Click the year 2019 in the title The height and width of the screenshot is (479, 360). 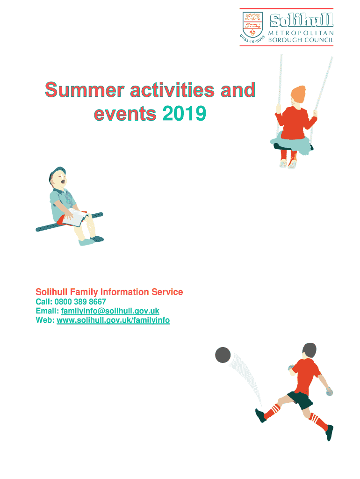pos(184,113)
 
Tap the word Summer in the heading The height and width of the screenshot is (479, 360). pos(85,90)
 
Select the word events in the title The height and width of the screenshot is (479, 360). pos(125,114)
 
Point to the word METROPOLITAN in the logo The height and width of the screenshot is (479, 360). pos(301,33)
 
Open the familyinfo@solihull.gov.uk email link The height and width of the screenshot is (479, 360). pos(110,311)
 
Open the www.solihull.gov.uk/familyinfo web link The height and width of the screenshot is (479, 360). pos(113,320)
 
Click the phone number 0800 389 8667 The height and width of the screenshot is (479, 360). pos(80,302)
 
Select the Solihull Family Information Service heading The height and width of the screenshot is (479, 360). pos(109,292)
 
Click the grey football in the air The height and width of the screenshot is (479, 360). pos(223,355)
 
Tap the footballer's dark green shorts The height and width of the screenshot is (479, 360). pos(301,399)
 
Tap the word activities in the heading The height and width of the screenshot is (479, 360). pos(173,90)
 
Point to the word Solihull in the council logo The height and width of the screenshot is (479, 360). pos(302,21)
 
